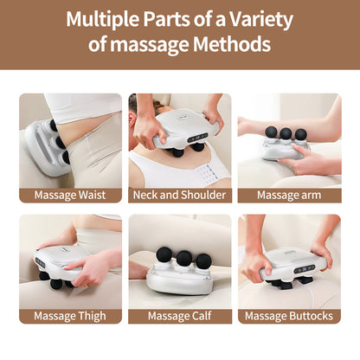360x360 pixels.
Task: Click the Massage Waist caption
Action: point(70,195)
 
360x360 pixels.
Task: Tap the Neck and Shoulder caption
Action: point(180,195)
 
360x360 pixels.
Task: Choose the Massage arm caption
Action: point(289,195)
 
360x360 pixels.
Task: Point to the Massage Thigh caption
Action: point(70,315)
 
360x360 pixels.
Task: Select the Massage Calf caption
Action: point(180,315)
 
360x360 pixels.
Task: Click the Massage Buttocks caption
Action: point(289,315)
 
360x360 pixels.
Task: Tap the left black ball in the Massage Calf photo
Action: point(162,254)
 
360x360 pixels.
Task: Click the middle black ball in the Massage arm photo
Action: point(285,133)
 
